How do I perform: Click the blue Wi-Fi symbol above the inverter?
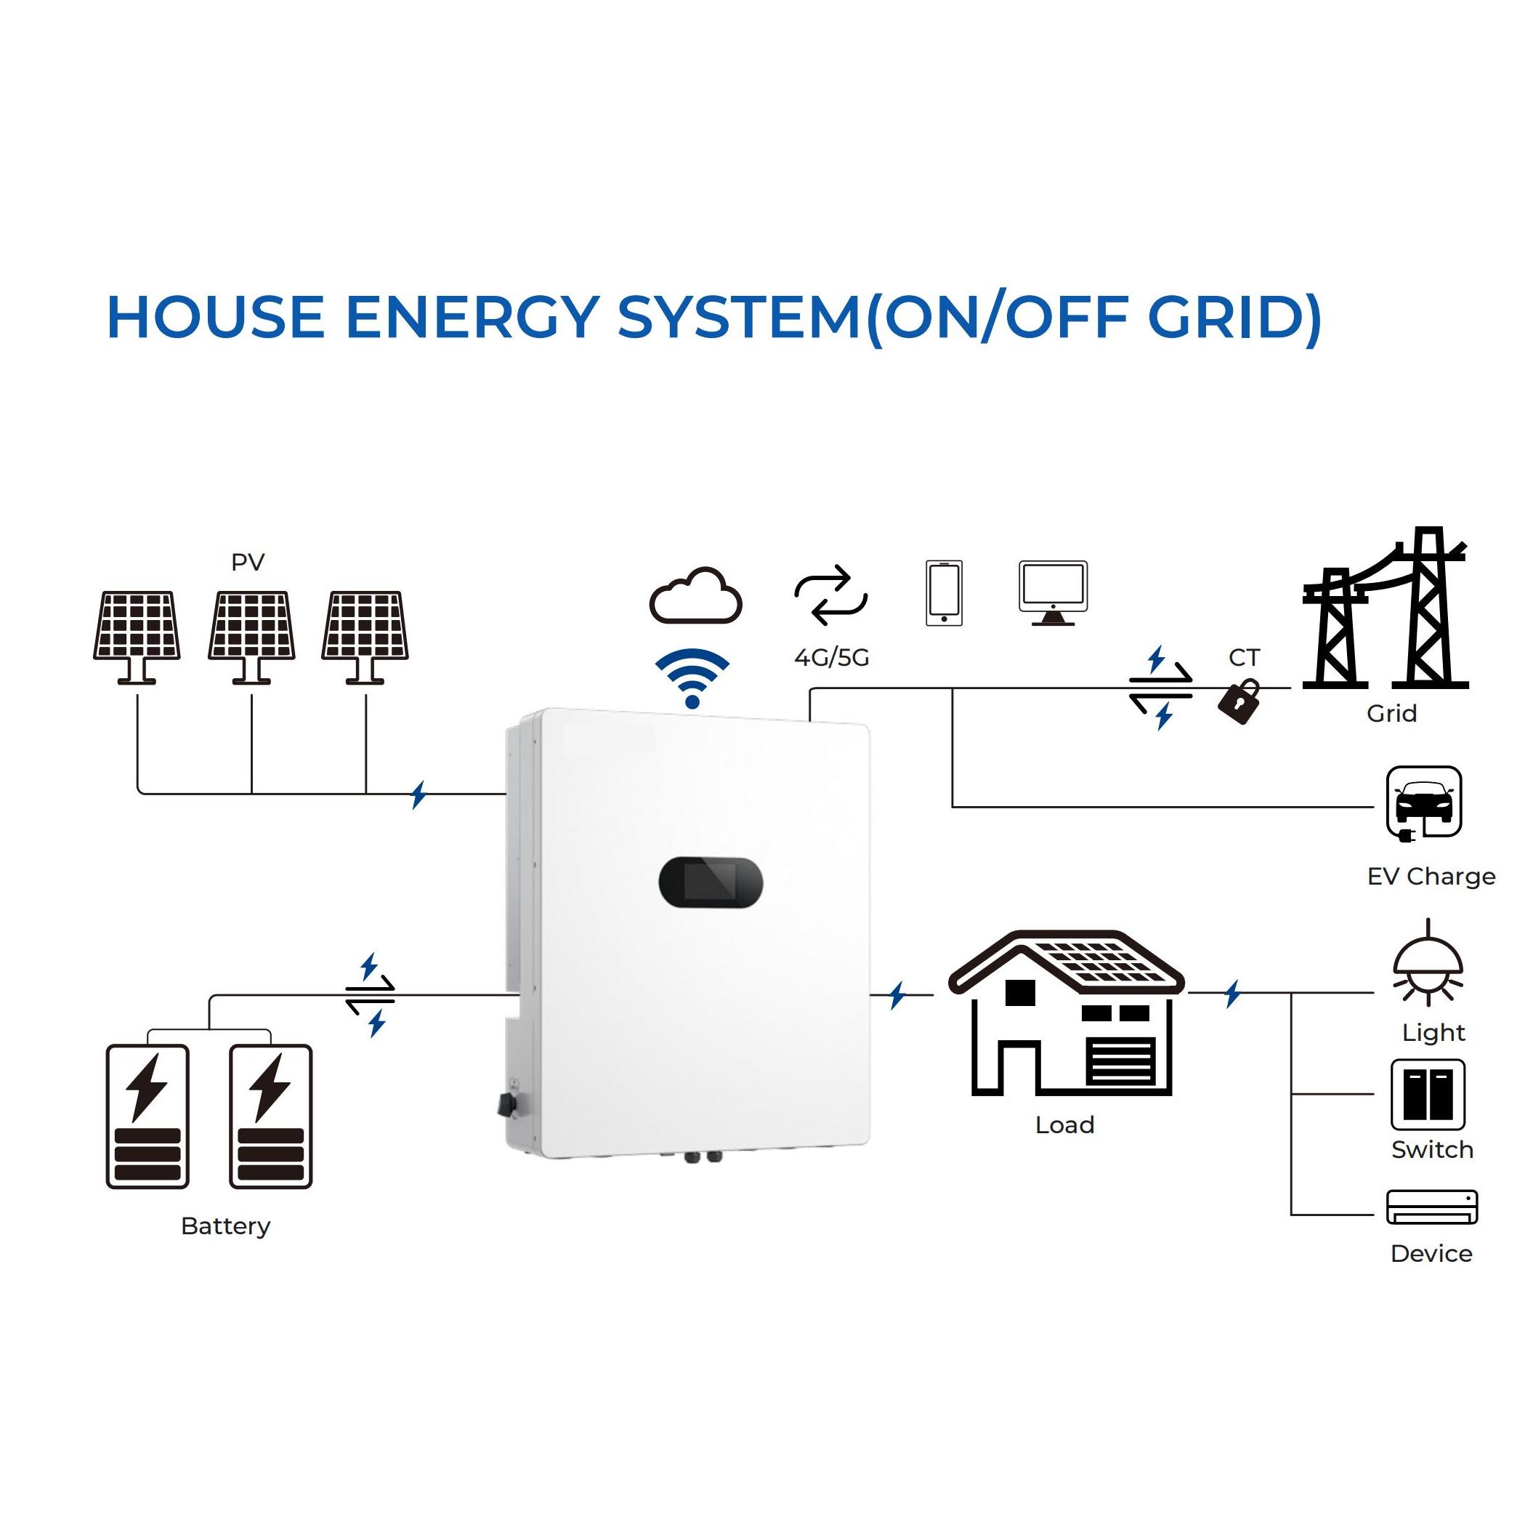pyautogui.click(x=692, y=677)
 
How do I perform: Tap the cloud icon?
pyautogui.click(x=696, y=596)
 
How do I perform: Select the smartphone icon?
pyautogui.click(x=945, y=593)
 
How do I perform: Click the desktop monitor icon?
pyautogui.click(x=1053, y=593)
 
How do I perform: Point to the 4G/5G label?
pyautogui.click(x=832, y=657)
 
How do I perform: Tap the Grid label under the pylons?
pyautogui.click(x=1391, y=713)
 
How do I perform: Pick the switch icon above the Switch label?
pyautogui.click(x=1428, y=1095)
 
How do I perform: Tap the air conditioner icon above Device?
pyautogui.click(x=1431, y=1207)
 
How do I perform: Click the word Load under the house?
pyautogui.click(x=1064, y=1124)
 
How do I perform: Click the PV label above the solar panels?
pyautogui.click(x=248, y=562)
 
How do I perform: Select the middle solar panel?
pyautogui.click(x=251, y=635)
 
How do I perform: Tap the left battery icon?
pyautogui.click(x=147, y=1116)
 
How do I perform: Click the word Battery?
pyautogui.click(x=225, y=1226)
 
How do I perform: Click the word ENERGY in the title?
pyautogui.click(x=472, y=318)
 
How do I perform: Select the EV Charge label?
pyautogui.click(x=1431, y=877)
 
